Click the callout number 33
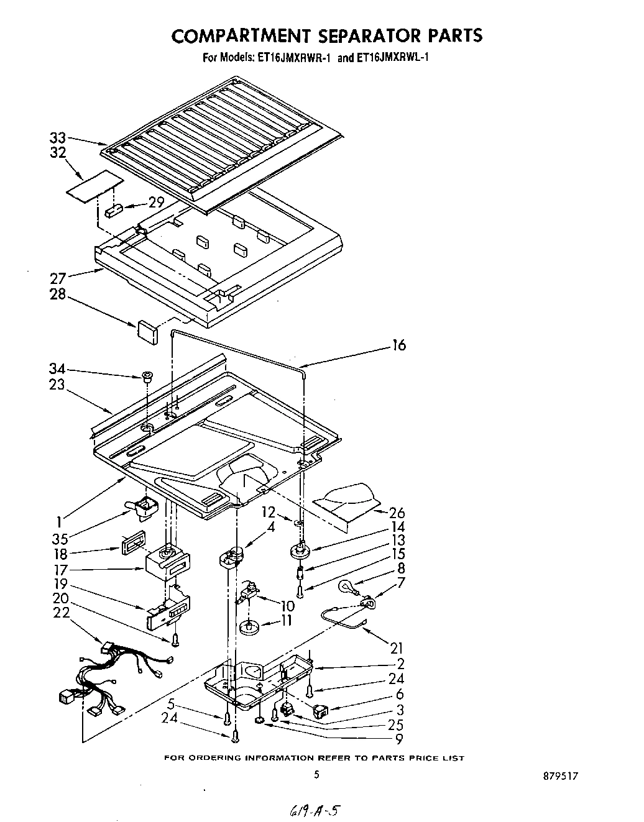(x=58, y=139)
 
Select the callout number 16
(x=398, y=346)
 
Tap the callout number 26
(x=397, y=513)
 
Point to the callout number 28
(x=58, y=293)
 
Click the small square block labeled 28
(x=147, y=330)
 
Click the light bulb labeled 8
(x=347, y=586)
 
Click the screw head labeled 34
(x=146, y=376)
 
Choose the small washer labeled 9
(x=259, y=720)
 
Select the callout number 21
(x=397, y=648)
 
